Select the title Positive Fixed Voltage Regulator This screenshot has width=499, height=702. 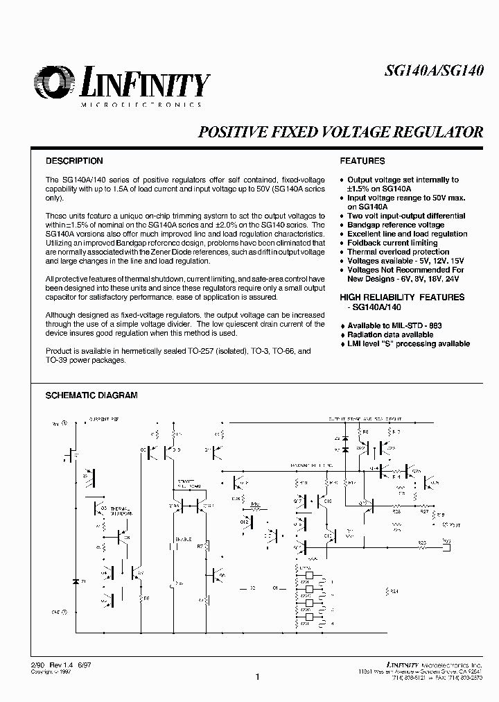point(341,132)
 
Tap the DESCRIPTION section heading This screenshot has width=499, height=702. point(74,161)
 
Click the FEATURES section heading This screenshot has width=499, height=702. point(362,161)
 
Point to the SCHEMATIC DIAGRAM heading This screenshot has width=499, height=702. point(91,395)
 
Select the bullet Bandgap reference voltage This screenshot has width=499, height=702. point(396,225)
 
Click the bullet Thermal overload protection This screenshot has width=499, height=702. point(398,252)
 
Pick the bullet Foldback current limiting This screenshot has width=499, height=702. point(392,243)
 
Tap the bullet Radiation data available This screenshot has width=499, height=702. point(390,334)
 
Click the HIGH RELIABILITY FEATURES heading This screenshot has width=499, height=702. point(392,297)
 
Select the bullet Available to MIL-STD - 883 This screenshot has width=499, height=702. point(394,325)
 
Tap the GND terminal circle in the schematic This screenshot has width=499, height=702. point(65,613)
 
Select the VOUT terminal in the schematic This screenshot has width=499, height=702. point(446,524)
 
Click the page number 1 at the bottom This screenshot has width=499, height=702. point(256,677)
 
